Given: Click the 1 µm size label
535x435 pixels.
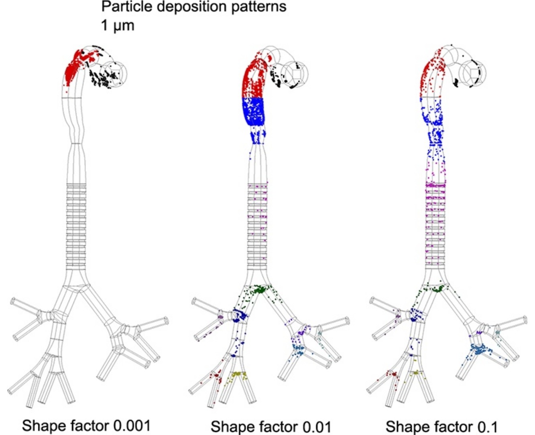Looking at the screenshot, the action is [x=118, y=26].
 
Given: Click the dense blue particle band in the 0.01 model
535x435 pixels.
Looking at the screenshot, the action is [x=253, y=111].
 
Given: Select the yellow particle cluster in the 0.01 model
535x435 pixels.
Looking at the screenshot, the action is [x=237, y=375].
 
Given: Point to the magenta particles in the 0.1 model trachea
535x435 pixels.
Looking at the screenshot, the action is [x=435, y=216].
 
